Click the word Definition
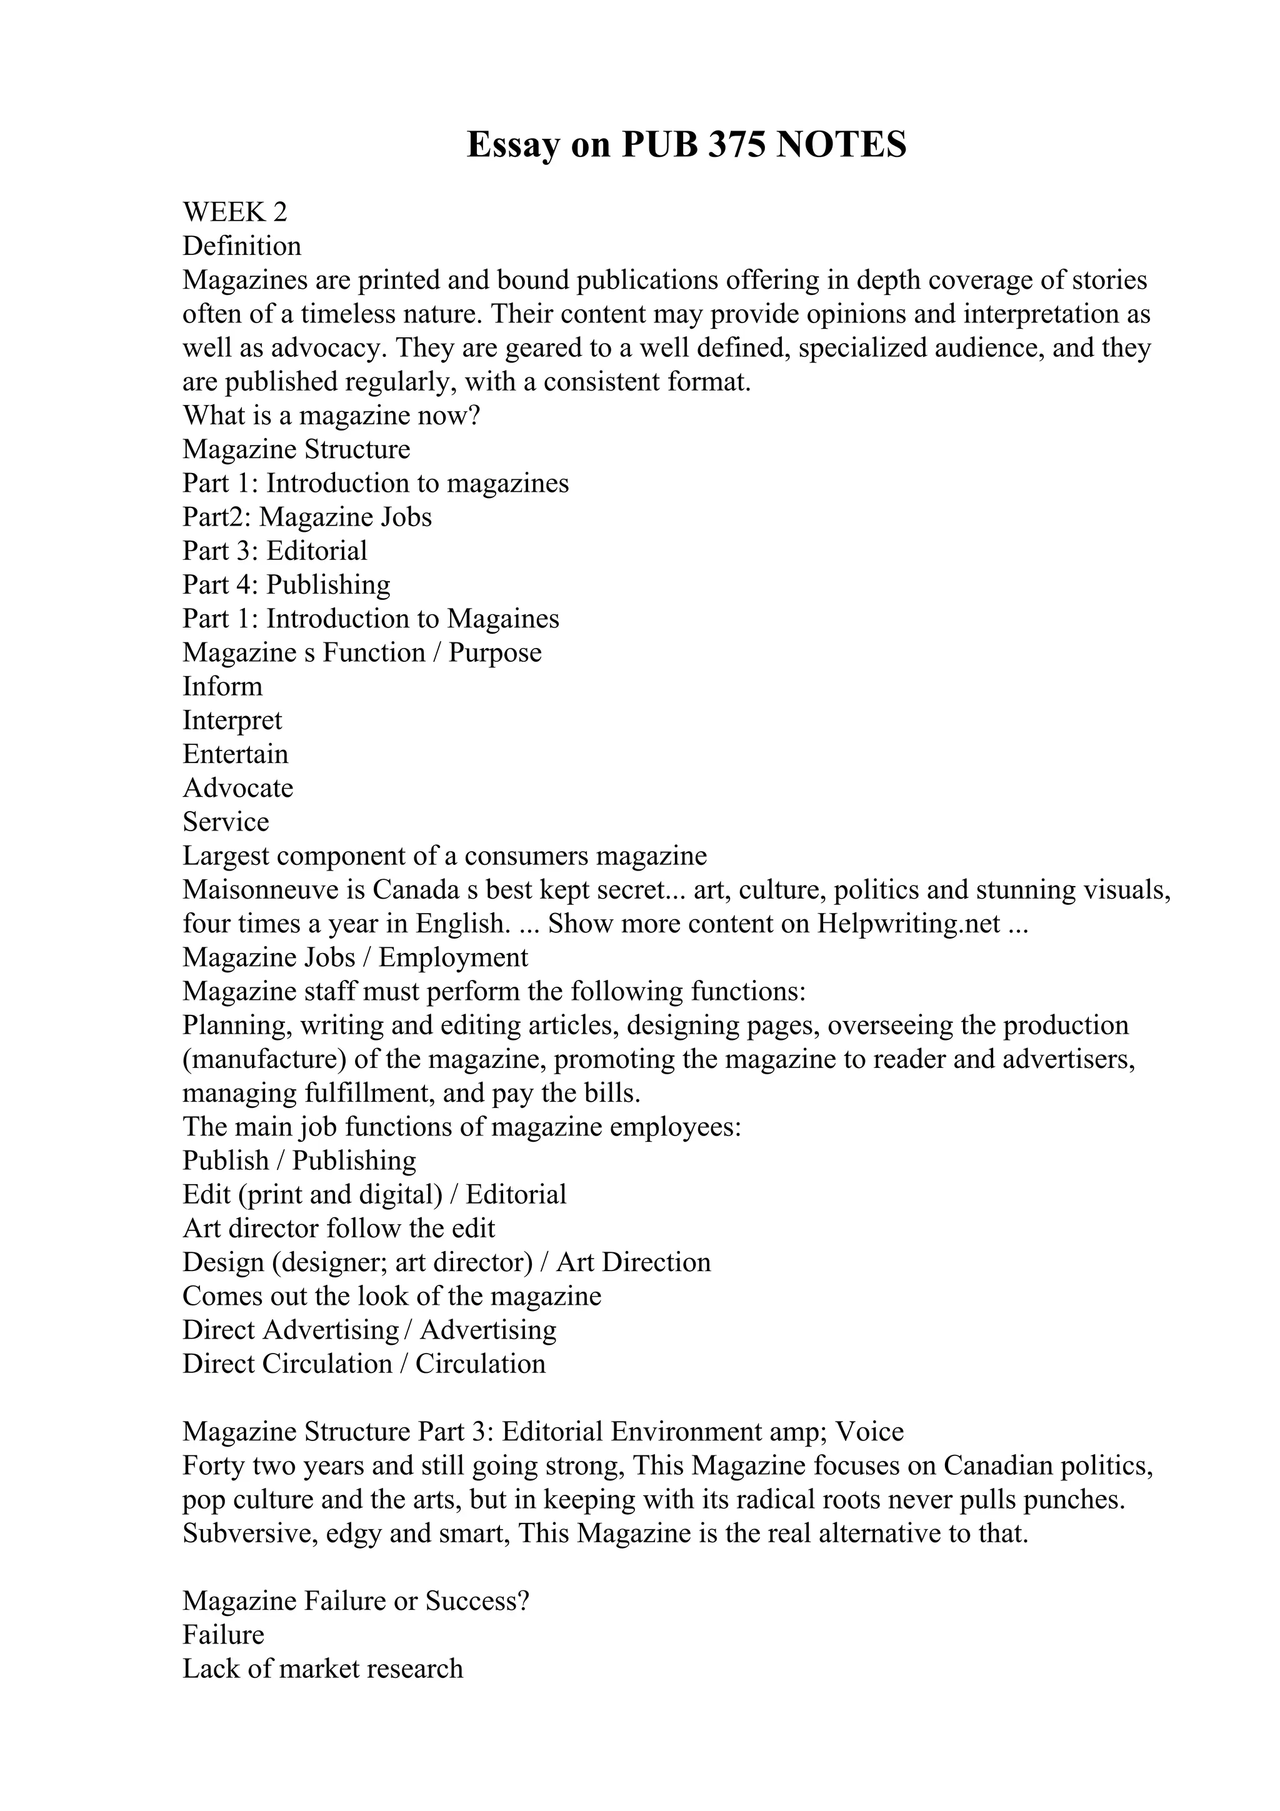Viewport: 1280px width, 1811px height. pos(242,246)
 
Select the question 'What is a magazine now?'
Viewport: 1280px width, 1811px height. pos(331,416)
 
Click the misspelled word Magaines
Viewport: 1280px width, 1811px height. pos(503,619)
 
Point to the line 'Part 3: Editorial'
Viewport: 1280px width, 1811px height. pos(275,551)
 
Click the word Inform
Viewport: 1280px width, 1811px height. pos(222,687)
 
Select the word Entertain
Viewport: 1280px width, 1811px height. pos(235,755)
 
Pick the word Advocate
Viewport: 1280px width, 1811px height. pos(238,789)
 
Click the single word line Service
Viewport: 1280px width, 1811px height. pos(226,822)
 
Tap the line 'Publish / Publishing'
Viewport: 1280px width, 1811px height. pos(300,1161)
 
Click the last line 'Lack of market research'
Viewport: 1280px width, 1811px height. pos(322,1670)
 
